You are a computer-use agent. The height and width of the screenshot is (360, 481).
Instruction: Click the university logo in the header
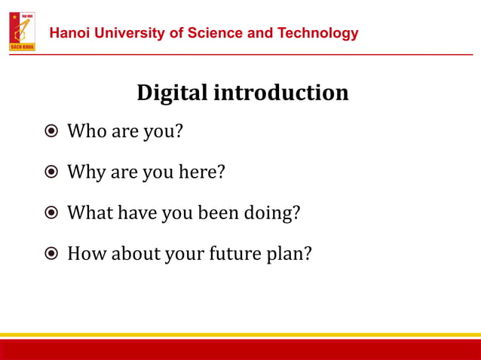(22, 32)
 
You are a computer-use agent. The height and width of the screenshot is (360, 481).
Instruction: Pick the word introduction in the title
(280, 93)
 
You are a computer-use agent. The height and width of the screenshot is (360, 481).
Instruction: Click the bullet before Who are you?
(51, 132)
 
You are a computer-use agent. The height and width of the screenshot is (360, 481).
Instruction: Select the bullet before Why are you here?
(51, 172)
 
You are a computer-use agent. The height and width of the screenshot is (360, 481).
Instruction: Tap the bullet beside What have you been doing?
(51, 213)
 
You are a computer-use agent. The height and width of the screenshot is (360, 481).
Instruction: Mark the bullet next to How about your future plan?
(51, 254)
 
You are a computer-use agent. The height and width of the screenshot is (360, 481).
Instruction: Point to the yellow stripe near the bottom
(240, 335)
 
